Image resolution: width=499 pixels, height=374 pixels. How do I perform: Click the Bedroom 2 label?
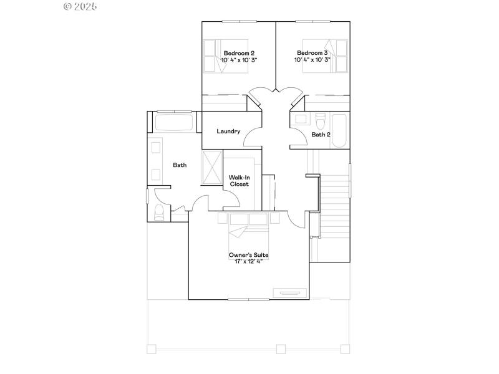click(239, 53)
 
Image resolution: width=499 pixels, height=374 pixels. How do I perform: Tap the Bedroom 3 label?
click(312, 53)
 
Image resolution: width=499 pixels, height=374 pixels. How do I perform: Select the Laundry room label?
click(228, 132)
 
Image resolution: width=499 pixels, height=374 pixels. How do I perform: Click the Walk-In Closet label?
click(239, 181)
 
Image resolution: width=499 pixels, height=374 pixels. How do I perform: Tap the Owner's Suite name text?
click(248, 255)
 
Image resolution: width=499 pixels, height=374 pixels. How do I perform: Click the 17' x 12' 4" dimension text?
click(248, 262)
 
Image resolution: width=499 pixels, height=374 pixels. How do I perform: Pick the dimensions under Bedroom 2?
click(240, 60)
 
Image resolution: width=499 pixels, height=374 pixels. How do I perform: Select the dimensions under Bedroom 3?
click(312, 60)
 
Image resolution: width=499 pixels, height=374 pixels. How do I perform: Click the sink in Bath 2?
click(300, 118)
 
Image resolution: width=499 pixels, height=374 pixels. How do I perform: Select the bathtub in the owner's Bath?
click(173, 122)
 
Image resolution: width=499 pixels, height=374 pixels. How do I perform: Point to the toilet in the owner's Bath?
click(158, 213)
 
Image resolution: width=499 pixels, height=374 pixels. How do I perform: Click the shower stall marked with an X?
click(213, 166)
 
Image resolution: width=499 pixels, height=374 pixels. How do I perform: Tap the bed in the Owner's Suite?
click(248, 234)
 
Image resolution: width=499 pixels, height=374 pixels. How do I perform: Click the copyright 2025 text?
click(81, 6)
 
